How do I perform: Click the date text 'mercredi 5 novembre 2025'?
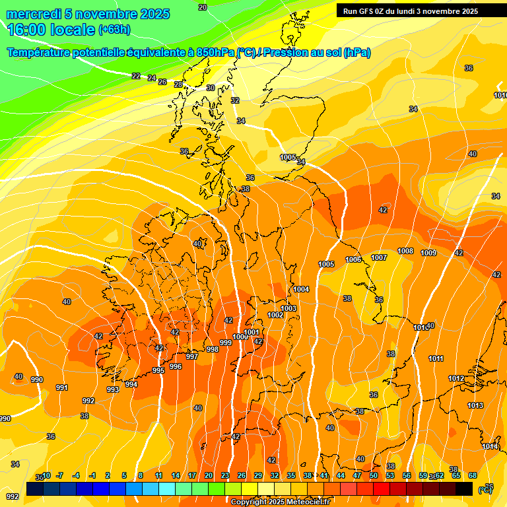(88, 14)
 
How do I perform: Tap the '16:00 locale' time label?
(50, 30)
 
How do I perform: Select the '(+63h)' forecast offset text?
(114, 30)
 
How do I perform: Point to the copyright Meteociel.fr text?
(281, 502)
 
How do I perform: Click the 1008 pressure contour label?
(405, 252)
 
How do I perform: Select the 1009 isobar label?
(428, 253)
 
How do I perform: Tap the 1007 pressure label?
(378, 257)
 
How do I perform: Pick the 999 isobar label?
(226, 343)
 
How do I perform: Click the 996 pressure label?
(176, 366)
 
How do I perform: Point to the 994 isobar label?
(131, 384)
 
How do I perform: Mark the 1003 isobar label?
(288, 308)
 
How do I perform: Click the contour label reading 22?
(136, 76)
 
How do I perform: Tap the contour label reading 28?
(178, 84)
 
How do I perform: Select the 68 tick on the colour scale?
(473, 475)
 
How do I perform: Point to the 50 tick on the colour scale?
(374, 475)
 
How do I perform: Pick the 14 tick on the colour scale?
(176, 475)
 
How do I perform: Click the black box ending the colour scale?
(464, 489)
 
